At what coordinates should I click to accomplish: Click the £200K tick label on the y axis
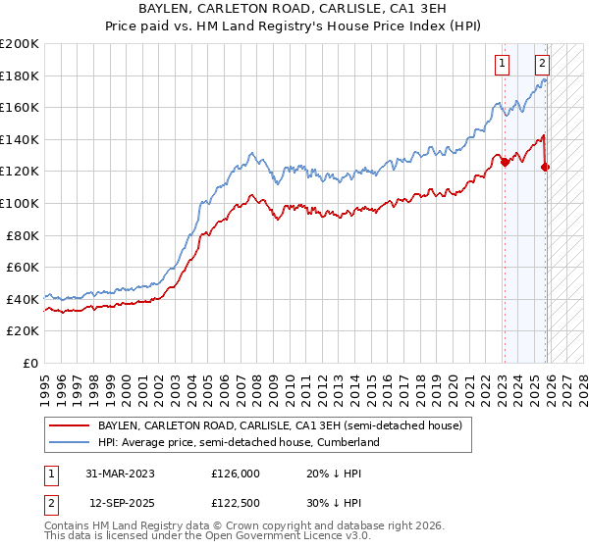click(20, 44)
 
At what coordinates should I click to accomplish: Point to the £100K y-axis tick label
click(20, 203)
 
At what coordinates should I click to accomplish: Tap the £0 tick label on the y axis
click(29, 363)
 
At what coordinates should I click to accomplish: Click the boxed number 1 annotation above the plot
click(502, 64)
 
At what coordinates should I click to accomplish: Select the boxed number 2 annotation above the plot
click(541, 64)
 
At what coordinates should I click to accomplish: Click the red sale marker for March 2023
click(505, 163)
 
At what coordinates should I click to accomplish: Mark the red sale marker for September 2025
click(545, 168)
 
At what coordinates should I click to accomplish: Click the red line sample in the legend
click(70, 426)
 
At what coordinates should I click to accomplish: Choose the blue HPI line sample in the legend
click(70, 443)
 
